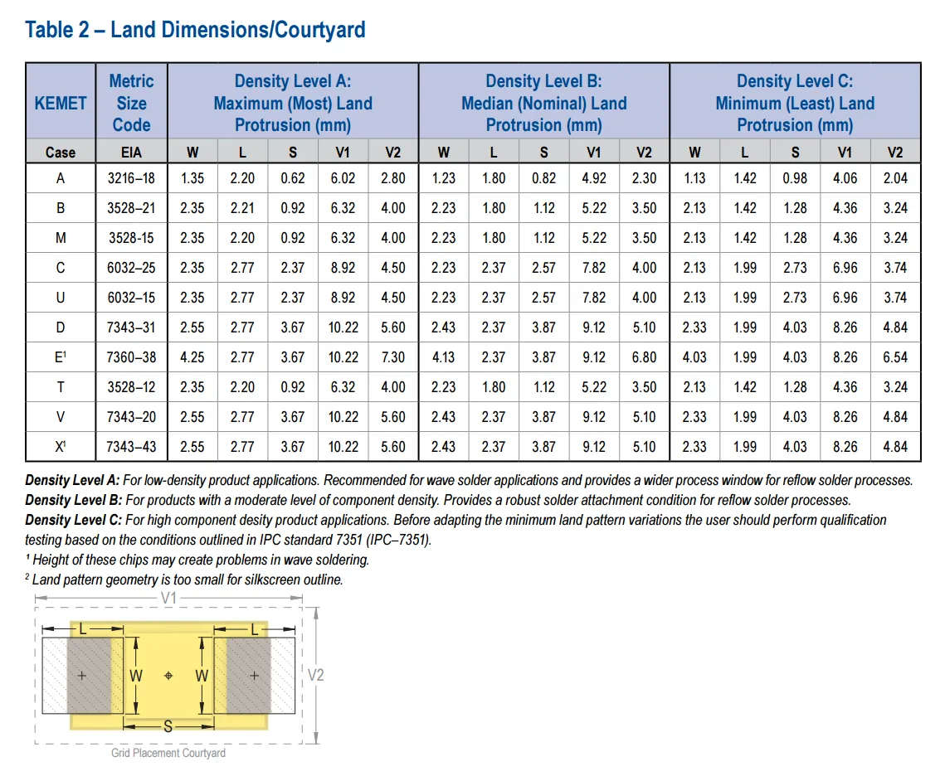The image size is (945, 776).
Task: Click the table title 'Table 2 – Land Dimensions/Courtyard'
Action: [195, 31]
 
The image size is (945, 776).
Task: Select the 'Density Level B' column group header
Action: [543, 103]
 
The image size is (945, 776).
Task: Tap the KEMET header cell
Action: [61, 103]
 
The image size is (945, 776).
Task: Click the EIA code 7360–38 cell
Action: [131, 357]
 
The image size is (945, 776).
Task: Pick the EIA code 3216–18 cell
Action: [131, 178]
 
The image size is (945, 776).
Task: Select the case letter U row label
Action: [61, 298]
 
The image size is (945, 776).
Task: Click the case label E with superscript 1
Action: [61, 357]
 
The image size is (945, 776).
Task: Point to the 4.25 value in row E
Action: [192, 357]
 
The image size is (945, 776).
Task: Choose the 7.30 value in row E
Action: [393, 357]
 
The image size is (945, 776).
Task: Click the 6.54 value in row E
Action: [895, 357]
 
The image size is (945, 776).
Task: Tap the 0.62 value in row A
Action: [293, 178]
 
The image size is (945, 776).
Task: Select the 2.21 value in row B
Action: [242, 208]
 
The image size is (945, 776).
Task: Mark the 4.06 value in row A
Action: [845, 178]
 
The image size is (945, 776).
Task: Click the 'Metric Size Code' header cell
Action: [131, 103]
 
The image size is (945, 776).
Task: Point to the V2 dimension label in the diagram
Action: [315, 675]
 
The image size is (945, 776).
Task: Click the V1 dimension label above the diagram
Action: [168, 598]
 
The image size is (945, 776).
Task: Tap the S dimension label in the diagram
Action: [168, 726]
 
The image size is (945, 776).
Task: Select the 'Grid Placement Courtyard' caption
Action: [168, 753]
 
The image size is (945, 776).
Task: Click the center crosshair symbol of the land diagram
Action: [168, 676]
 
